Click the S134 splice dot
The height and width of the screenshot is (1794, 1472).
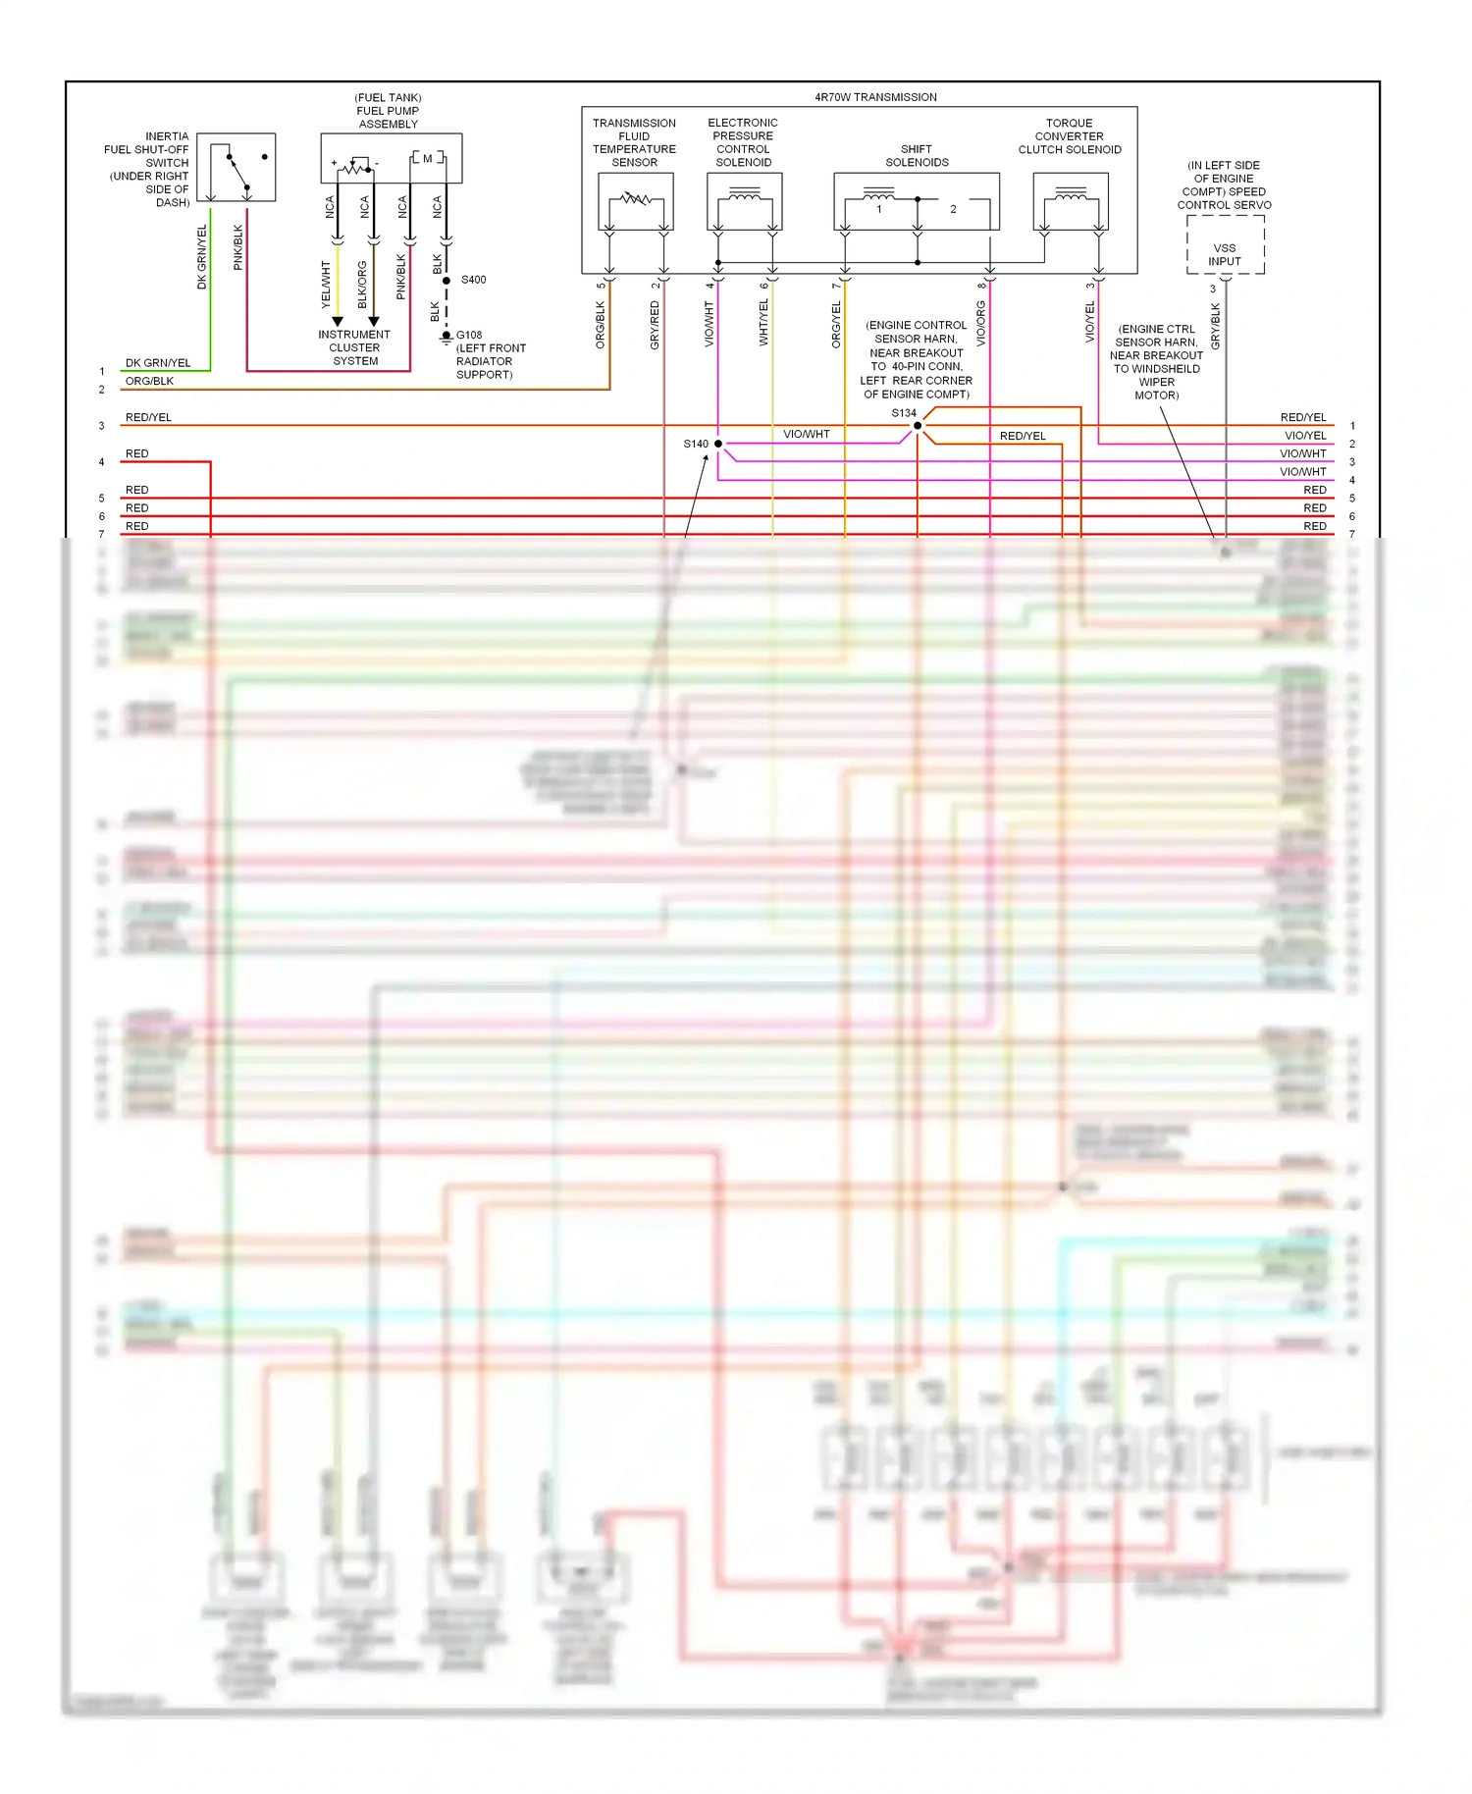[918, 425]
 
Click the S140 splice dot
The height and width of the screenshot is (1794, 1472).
[718, 444]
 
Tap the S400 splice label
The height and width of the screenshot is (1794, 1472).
[473, 280]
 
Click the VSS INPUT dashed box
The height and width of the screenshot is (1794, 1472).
[1225, 245]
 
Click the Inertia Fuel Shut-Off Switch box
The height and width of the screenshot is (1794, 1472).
[237, 167]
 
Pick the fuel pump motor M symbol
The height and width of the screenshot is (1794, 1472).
[428, 158]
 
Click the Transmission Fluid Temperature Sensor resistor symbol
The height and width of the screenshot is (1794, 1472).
[636, 199]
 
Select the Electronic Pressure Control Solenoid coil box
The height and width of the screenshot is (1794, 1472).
[744, 201]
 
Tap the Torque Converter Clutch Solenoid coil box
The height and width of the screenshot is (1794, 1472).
[1071, 201]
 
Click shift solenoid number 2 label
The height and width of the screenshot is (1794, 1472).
[953, 209]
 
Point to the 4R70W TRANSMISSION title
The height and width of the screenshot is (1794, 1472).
[875, 97]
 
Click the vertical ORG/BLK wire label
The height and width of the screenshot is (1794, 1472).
[601, 324]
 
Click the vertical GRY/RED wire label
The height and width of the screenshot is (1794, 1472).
[655, 325]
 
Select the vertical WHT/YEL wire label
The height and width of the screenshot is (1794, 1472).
[763, 322]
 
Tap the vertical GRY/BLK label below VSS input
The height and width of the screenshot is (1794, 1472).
[1215, 326]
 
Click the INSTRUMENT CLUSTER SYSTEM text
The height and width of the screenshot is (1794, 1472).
[354, 347]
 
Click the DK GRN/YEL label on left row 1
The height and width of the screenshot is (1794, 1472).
[158, 363]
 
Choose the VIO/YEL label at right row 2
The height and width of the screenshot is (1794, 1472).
[1305, 436]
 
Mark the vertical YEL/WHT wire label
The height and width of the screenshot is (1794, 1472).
[326, 285]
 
